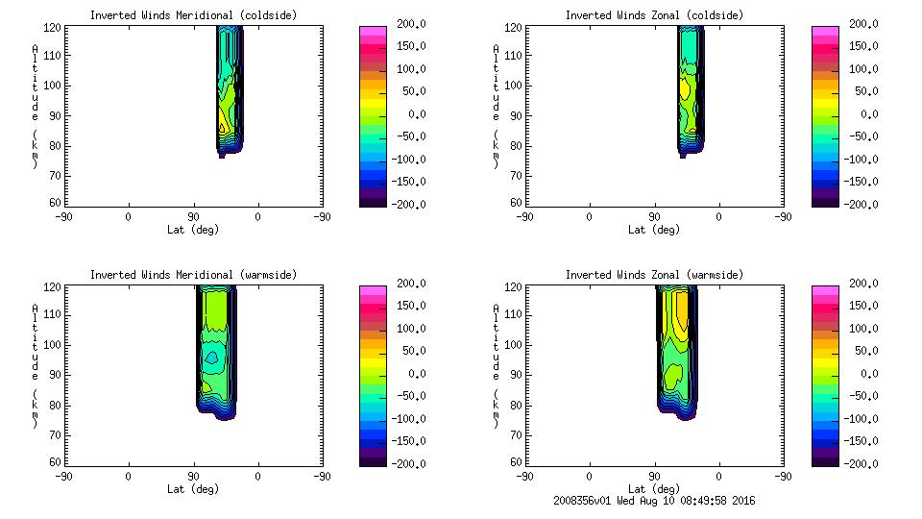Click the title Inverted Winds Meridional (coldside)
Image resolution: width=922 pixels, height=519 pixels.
[193, 15]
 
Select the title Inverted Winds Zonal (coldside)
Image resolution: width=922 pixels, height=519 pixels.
[654, 15]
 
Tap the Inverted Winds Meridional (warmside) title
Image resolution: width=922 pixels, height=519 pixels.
[193, 275]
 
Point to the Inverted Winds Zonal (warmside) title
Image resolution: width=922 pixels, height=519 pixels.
[654, 275]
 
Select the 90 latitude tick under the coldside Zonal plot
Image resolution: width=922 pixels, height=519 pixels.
[654, 217]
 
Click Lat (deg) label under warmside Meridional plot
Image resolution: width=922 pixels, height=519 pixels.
[193, 489]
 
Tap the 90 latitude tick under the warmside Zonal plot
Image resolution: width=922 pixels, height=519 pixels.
[654, 477]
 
